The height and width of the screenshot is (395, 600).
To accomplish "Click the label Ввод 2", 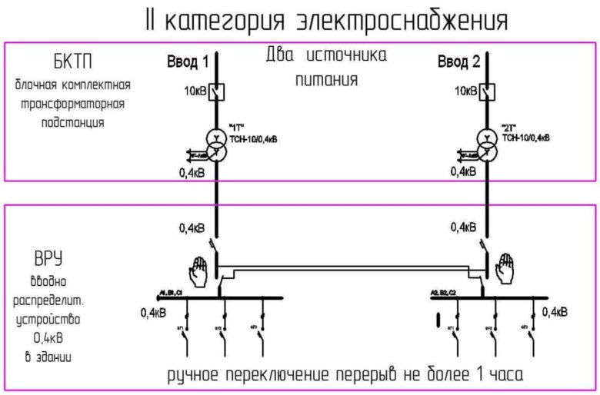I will click(x=458, y=61).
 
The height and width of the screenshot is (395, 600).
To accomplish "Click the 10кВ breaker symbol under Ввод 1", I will click(x=218, y=91).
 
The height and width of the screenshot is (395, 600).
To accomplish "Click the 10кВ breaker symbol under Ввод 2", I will click(x=486, y=91).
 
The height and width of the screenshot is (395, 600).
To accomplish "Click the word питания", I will click(x=325, y=79).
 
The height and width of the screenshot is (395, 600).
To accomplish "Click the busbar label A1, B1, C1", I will click(x=170, y=294).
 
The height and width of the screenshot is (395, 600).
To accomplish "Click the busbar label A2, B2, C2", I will click(x=442, y=294).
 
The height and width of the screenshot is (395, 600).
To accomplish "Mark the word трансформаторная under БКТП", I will click(x=70, y=102).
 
